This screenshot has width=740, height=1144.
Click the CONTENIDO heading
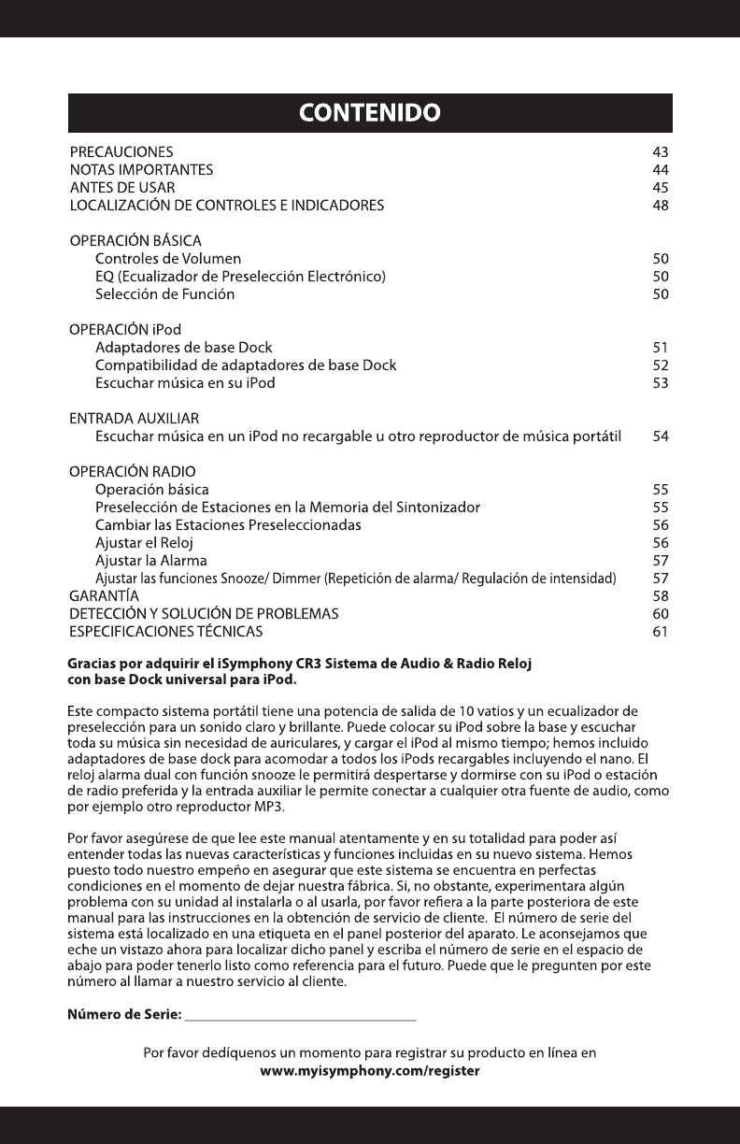[x=369, y=114]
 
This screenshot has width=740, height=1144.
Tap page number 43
[x=661, y=151]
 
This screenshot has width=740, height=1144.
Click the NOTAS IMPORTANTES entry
[x=142, y=170]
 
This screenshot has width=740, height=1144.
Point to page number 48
[x=661, y=206]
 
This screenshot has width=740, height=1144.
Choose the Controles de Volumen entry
[x=168, y=259]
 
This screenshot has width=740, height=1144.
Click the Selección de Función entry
[x=165, y=294]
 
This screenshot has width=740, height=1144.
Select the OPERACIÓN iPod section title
[x=126, y=330]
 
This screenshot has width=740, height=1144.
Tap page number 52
[x=661, y=365]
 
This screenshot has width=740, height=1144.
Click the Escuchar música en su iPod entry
[x=185, y=383]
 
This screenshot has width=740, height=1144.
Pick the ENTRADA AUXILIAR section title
[x=135, y=418]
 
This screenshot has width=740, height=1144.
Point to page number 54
[x=661, y=436]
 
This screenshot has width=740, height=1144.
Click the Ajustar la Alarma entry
[x=151, y=561]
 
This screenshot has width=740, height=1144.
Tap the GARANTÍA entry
[x=106, y=596]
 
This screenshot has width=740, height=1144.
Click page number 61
[x=661, y=633]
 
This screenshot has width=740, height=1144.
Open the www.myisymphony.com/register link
[x=369, y=1071]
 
